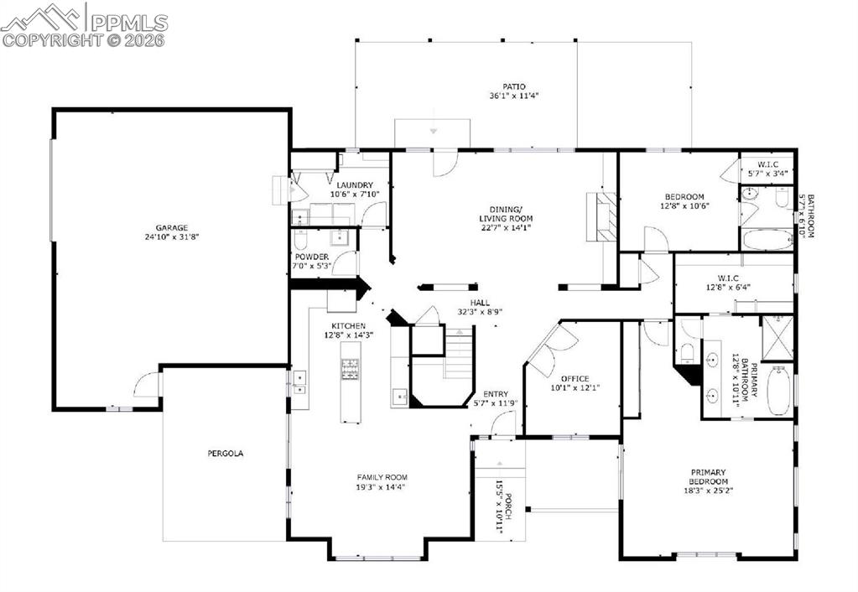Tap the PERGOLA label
click(x=225, y=454)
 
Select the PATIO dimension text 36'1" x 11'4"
click(x=514, y=96)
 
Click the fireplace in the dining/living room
click(x=604, y=216)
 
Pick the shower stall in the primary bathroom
click(x=777, y=339)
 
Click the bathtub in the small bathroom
click(x=767, y=239)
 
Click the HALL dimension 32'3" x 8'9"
click(x=480, y=312)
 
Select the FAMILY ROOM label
click(x=381, y=477)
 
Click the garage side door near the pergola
click(x=147, y=386)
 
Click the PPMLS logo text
click(x=129, y=22)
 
